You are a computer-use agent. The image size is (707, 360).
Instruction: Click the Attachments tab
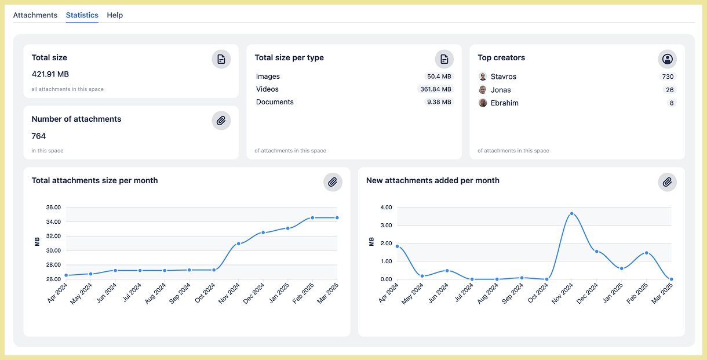click(35, 15)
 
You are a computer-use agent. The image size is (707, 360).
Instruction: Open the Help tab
click(115, 15)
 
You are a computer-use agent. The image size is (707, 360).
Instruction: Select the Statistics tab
click(82, 15)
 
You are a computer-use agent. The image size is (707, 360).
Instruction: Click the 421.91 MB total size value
click(50, 74)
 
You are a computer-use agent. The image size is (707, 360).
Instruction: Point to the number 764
click(39, 136)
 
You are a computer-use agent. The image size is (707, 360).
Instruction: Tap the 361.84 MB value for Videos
click(435, 89)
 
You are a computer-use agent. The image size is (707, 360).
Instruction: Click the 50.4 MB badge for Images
click(439, 77)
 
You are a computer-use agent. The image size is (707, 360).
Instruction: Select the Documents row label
click(275, 102)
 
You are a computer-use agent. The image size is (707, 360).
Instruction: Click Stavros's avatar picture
click(483, 77)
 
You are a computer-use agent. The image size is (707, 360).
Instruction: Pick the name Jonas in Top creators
click(501, 90)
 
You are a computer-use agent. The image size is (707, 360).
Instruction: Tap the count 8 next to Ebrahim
click(672, 103)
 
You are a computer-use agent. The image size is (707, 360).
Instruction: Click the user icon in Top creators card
click(668, 59)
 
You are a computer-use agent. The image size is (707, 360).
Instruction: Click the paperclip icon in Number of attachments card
click(221, 121)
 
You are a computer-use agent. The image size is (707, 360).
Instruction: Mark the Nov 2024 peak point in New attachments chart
click(572, 213)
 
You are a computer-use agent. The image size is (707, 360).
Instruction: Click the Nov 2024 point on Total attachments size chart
click(238, 243)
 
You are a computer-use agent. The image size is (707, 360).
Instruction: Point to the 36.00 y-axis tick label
click(53, 208)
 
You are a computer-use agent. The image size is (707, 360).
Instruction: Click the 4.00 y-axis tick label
click(386, 208)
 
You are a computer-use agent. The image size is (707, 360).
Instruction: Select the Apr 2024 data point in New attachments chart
click(397, 246)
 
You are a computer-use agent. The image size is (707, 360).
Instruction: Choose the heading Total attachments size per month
click(94, 180)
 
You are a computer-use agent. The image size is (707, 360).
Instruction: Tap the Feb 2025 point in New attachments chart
click(646, 253)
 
